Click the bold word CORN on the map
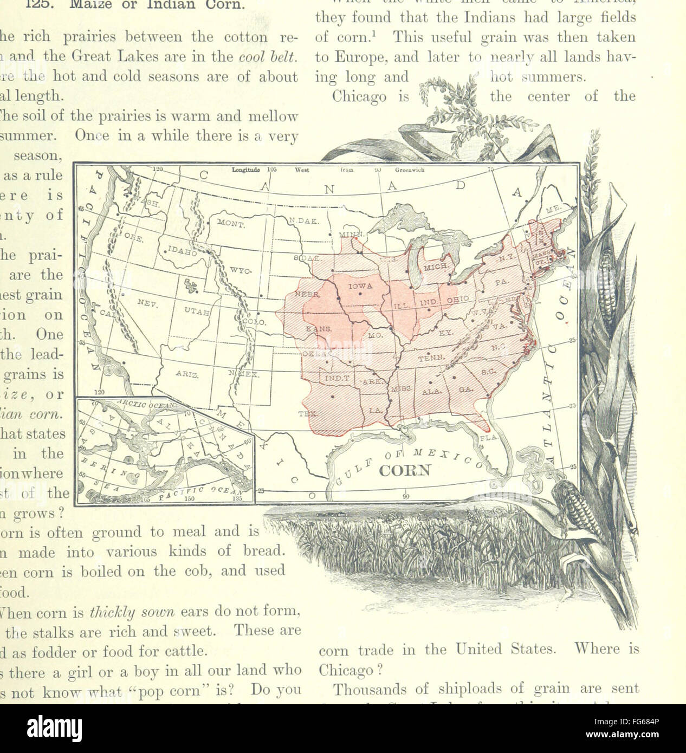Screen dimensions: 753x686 pos(404,470)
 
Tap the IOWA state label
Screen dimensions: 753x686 pos(360,285)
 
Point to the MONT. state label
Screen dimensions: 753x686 pos(232,223)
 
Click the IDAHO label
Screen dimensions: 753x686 pos(182,252)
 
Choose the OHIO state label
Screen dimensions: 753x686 pos(458,298)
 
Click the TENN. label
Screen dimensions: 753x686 pos(431,358)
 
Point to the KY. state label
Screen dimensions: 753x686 pos(446,332)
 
